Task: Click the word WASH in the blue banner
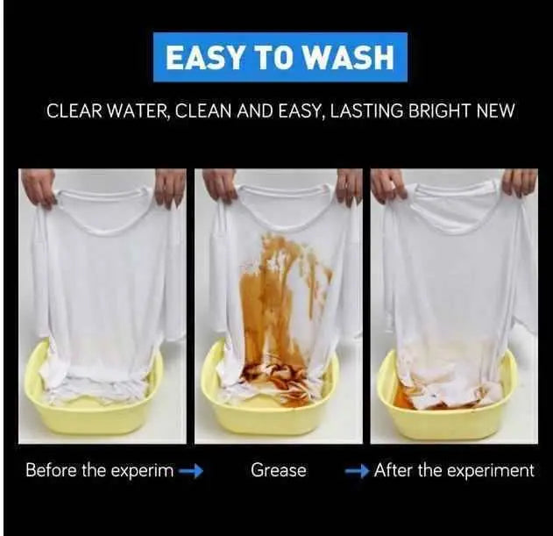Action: pos(351,58)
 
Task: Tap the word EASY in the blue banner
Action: pos(204,58)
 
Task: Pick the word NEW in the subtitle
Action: pos(495,111)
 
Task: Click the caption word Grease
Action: pos(279,470)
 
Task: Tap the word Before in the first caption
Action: pos(52,470)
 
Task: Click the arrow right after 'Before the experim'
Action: pos(191,471)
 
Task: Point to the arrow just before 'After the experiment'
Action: pos(358,471)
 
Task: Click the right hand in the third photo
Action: pos(520,185)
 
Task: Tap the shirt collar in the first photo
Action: pos(101,212)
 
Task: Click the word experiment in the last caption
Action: pos(489,471)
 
